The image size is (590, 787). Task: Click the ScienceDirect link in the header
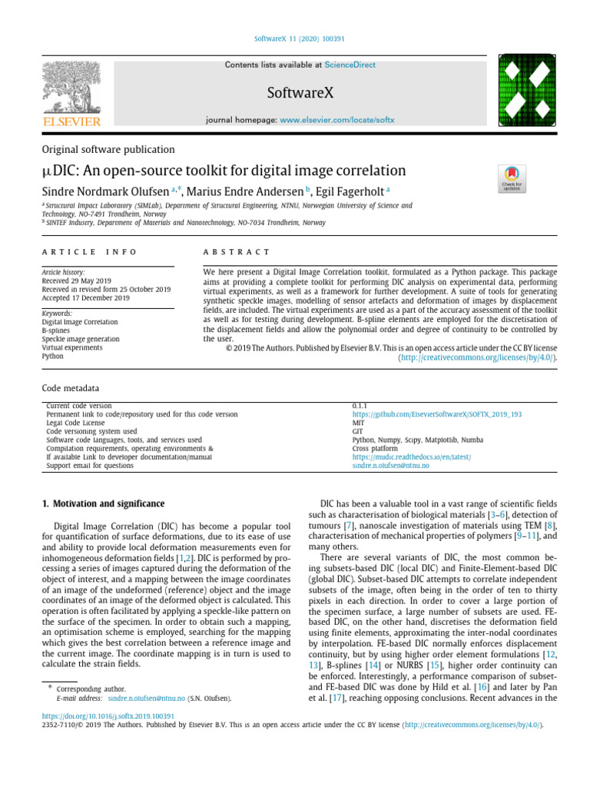point(350,65)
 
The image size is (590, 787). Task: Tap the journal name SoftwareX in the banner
point(300,94)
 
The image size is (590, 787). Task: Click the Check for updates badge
point(510,178)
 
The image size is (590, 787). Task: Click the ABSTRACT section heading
point(237,252)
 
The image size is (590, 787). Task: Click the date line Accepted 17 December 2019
point(86,297)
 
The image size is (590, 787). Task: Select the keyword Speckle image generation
point(81,339)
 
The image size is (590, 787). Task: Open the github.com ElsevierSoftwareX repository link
point(436,414)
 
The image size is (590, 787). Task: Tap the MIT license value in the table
point(359,423)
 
